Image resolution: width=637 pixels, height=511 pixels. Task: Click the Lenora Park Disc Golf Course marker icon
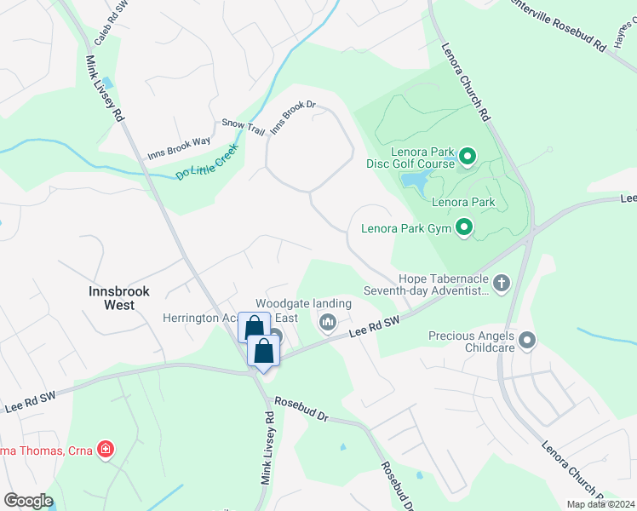click(x=466, y=157)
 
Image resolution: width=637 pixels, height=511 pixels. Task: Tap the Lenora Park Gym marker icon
click(x=464, y=227)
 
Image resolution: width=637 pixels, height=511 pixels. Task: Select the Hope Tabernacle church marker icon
click(x=502, y=283)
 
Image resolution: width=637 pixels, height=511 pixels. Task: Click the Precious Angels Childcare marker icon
click(x=527, y=342)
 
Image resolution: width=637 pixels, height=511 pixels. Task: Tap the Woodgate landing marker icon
click(x=328, y=323)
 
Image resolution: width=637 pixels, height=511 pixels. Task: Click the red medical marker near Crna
click(x=106, y=448)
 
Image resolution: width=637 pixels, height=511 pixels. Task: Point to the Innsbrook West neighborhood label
click(x=119, y=297)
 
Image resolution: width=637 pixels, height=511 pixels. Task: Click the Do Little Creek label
click(x=208, y=160)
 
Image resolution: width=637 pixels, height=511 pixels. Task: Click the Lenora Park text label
click(x=463, y=203)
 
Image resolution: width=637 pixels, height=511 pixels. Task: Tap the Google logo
click(x=27, y=500)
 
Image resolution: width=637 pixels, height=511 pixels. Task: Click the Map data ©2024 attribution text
click(x=600, y=504)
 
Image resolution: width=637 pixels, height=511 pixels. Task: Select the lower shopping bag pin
click(x=264, y=351)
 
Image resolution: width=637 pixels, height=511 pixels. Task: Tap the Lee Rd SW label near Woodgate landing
click(x=374, y=327)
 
